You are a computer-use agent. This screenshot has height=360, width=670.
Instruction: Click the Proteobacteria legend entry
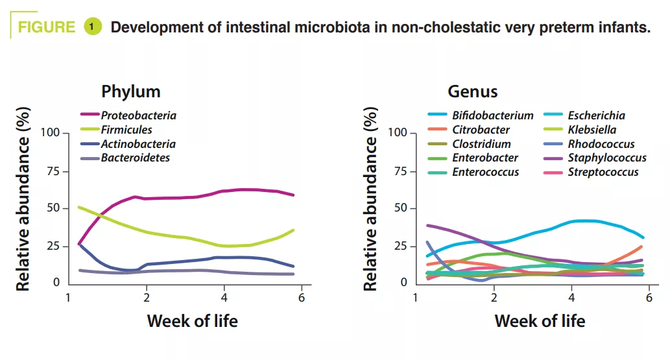(138, 115)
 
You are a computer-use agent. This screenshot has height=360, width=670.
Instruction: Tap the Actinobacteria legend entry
(138, 144)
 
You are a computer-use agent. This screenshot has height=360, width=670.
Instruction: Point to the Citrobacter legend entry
(481, 130)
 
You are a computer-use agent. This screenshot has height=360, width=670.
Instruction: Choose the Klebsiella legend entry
(592, 130)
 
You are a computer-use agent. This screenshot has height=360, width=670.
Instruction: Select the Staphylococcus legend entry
(607, 158)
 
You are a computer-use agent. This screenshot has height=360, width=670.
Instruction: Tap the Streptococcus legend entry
(603, 172)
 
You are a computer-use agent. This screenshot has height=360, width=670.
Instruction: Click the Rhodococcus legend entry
(601, 144)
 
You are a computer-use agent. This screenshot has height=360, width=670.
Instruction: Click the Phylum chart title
(130, 91)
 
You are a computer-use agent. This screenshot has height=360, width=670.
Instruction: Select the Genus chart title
(473, 91)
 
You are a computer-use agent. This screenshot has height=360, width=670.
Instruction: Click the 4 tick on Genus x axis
(571, 297)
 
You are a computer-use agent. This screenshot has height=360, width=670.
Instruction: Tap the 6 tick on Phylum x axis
(302, 297)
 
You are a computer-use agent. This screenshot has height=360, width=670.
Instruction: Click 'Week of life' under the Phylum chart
(192, 320)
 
